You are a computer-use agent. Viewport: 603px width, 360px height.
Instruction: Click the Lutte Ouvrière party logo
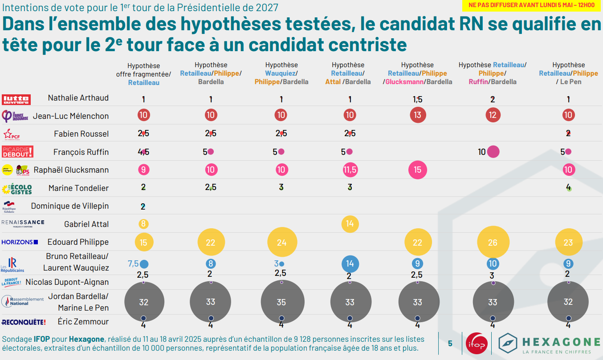coord(16,99)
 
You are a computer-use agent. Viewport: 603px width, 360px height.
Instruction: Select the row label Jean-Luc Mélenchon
coord(71,116)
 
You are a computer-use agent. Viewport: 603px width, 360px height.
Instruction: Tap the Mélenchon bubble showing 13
coord(417,115)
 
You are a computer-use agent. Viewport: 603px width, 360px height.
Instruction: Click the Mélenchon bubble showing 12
coord(493,115)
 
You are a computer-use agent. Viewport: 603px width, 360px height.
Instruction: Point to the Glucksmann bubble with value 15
coord(417,170)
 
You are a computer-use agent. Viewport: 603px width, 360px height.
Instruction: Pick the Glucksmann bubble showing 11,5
coord(350,170)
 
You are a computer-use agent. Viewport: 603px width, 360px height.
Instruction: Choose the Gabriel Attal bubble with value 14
coord(350,223)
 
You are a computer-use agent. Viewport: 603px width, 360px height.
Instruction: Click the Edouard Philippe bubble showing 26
coord(493,242)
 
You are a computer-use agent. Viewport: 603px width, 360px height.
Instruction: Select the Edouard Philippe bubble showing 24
coord(281,242)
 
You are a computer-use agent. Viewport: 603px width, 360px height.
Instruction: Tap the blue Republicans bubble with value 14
coord(350,263)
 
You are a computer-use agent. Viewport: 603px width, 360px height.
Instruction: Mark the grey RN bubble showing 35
coord(281,302)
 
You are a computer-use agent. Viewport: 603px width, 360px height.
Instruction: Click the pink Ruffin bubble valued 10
coord(493,152)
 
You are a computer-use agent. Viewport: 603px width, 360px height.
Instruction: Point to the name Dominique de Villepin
coord(70,206)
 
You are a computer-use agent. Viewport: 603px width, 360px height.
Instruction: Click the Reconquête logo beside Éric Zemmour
coord(24,322)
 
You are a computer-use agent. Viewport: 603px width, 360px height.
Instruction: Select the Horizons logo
coord(20,242)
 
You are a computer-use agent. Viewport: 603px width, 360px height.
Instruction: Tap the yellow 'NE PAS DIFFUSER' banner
coord(531,5)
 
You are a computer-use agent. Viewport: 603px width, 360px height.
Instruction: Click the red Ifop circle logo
coord(476,344)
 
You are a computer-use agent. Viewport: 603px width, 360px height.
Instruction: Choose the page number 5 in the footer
coord(450,344)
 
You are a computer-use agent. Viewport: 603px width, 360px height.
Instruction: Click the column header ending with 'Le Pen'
coord(568,73)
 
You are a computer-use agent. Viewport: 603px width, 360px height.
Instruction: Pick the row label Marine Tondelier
coord(78,188)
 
